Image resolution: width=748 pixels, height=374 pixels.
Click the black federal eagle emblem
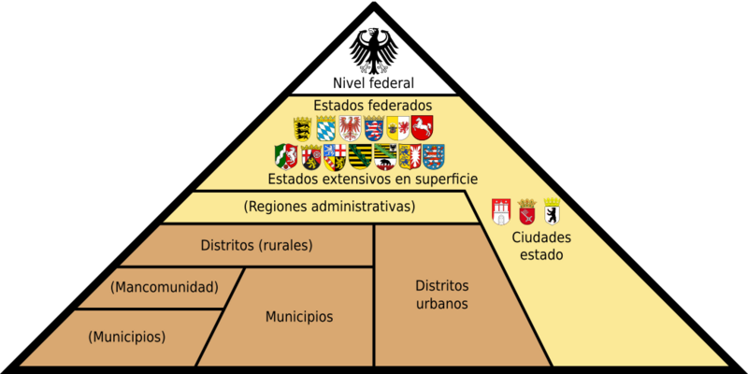373,51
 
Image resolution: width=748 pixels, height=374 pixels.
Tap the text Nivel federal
373,83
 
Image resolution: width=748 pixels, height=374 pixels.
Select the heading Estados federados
373,105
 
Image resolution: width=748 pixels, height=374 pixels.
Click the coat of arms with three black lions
302,129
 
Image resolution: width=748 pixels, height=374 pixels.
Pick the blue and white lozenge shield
325,128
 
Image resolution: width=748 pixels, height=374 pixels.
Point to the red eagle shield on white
350,128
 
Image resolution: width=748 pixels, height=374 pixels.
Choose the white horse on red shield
423,128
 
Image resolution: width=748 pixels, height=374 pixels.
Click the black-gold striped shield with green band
360,156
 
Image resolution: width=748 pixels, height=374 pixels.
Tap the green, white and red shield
286,157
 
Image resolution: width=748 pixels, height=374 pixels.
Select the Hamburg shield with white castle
501,212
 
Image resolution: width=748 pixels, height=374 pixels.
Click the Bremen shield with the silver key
527,212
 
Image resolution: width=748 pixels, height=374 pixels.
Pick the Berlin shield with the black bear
552,211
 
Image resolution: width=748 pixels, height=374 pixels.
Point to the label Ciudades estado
541,246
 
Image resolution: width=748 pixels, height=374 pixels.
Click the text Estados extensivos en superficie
373,180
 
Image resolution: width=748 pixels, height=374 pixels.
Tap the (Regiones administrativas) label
329,207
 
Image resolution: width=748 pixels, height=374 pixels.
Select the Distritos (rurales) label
256,246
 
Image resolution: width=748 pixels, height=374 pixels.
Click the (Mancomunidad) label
165,288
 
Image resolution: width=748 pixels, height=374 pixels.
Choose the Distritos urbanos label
441,295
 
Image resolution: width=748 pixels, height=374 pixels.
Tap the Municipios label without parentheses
299,316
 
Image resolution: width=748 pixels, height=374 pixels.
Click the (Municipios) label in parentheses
127,337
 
